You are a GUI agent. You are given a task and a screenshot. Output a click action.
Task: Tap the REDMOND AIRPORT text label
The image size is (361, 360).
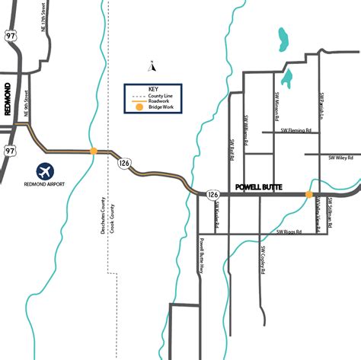coord(44,185)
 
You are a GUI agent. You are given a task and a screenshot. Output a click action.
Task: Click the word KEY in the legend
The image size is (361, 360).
coord(152,88)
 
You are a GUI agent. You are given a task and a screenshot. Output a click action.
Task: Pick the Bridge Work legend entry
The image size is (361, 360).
coord(161,108)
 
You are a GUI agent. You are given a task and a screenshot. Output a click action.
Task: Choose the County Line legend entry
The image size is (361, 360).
coord(161,96)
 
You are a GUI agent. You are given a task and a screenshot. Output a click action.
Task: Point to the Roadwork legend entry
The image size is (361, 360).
coord(159,102)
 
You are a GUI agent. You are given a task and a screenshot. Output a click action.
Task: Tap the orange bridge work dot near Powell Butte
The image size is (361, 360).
coord(308,195)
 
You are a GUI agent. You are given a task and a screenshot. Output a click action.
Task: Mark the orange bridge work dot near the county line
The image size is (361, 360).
coord(94,151)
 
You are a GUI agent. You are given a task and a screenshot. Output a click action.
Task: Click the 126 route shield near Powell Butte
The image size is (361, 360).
coord(213,196)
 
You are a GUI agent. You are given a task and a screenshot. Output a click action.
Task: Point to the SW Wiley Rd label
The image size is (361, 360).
coord(340,158)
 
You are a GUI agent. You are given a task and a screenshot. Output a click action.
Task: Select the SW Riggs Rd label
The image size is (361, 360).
coord(290,230)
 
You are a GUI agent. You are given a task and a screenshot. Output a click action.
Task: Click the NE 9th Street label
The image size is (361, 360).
coord(29,104)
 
